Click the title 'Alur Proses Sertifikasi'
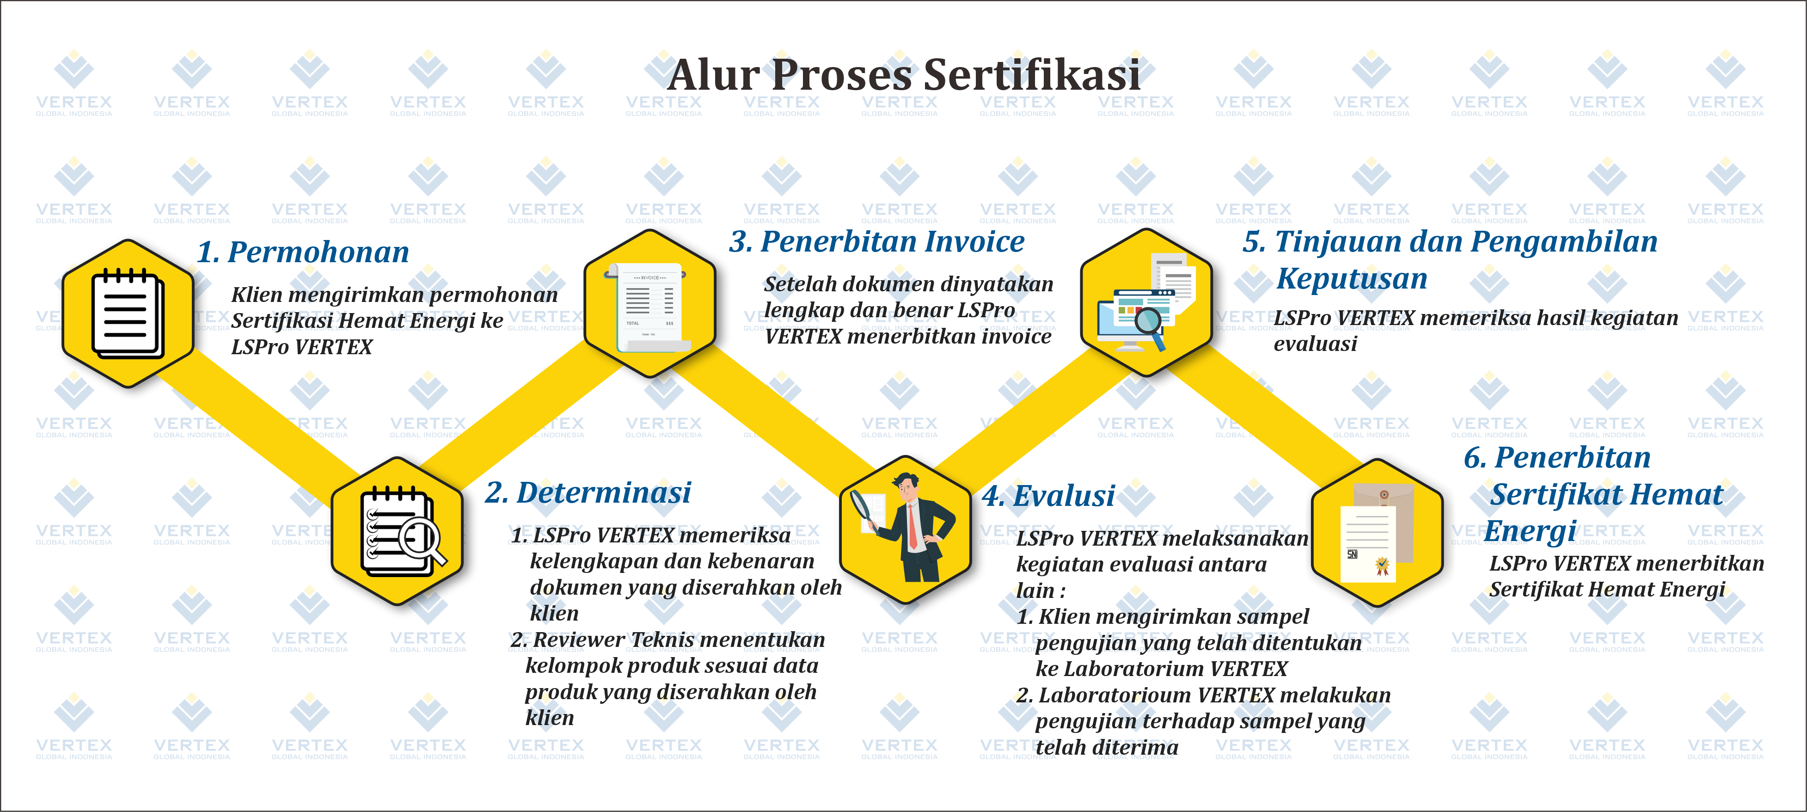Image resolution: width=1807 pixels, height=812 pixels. pos(903,75)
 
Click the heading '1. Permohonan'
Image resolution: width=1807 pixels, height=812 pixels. pos(303,252)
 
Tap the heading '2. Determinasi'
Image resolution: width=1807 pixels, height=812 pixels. pos(588,492)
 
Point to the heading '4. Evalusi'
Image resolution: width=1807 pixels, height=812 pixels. pos(1050,496)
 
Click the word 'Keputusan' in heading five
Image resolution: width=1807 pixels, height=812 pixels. pos(1352,279)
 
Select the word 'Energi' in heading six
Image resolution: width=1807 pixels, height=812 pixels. pos(1531,531)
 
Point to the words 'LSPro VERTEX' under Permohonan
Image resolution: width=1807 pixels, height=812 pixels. pos(302,347)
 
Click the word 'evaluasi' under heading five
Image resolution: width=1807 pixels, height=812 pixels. pos(1315,344)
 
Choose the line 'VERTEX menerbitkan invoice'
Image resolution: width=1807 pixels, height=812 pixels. pos(908,337)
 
